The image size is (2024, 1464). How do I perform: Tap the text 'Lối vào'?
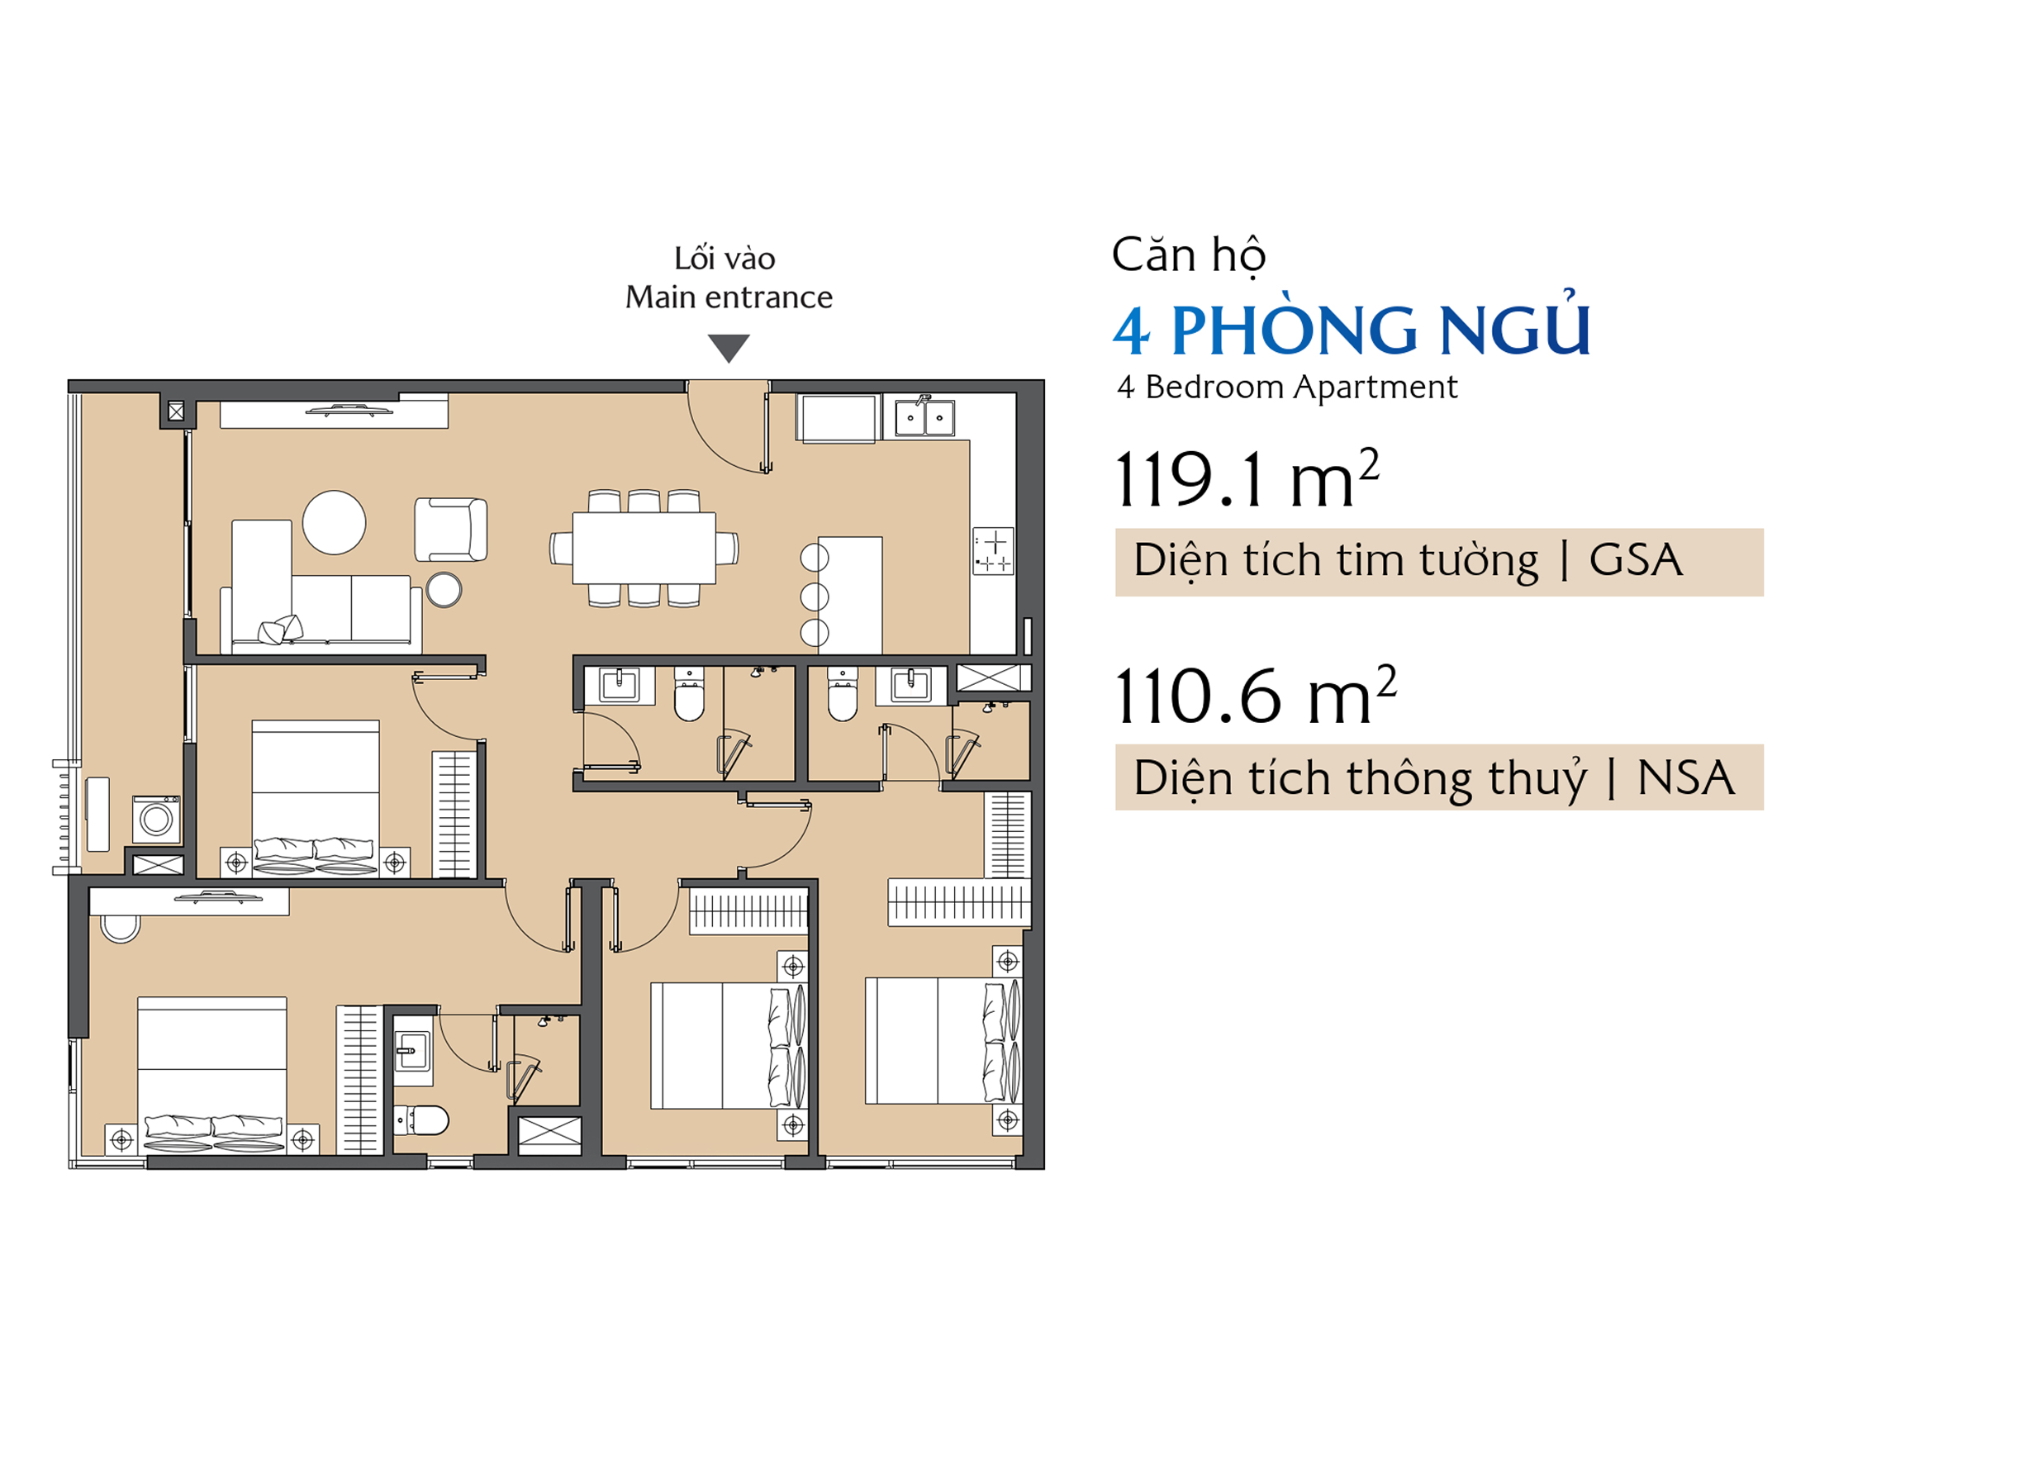(x=725, y=258)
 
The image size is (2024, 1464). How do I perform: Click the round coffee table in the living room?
(x=334, y=522)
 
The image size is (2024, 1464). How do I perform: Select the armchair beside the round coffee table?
(x=451, y=530)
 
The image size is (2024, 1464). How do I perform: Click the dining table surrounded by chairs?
(x=644, y=547)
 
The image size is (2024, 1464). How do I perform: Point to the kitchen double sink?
(x=924, y=417)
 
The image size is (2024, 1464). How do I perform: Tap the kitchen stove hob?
(x=993, y=551)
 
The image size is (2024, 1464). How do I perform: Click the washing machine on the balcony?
(x=156, y=819)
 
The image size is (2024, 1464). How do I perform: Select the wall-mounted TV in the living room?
(x=349, y=411)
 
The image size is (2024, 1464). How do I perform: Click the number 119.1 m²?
(x=1247, y=479)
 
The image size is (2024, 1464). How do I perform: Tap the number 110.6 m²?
(x=1256, y=696)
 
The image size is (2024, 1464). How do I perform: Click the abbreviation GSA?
(x=1636, y=559)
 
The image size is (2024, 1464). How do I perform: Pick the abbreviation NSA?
(x=1686, y=777)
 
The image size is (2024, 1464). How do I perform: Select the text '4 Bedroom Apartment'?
(x=1288, y=387)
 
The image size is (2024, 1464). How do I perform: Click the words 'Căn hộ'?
(x=1189, y=255)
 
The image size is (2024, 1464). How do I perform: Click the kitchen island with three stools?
(x=848, y=595)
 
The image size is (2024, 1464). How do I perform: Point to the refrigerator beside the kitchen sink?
(x=837, y=418)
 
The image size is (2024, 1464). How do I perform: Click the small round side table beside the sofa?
(x=444, y=590)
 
